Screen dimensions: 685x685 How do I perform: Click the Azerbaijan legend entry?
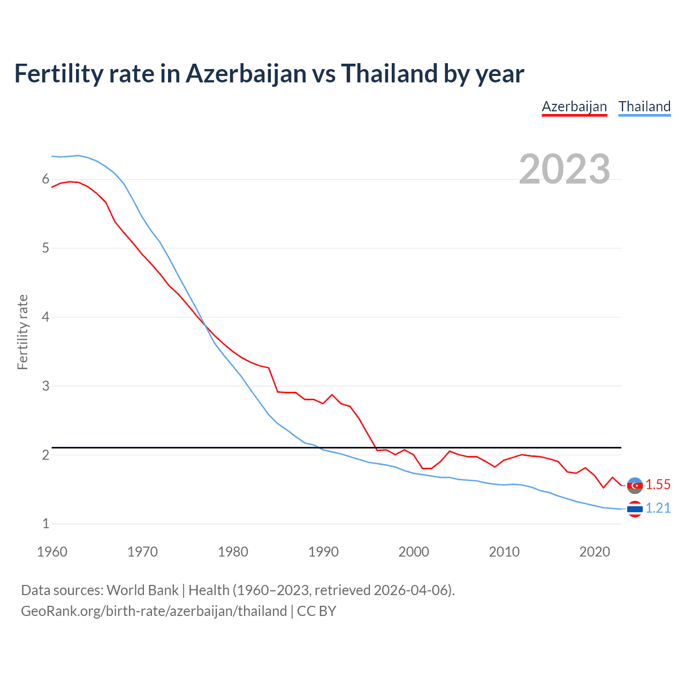coord(574,106)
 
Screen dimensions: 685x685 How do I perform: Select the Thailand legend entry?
coord(644,106)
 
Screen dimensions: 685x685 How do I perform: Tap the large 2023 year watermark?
coord(564,169)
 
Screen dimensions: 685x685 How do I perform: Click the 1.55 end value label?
coord(658,484)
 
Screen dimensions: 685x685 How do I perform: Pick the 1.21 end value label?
coord(658,508)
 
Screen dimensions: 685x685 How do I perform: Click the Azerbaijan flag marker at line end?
coord(635,485)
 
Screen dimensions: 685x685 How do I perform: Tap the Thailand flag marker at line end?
coord(635,508)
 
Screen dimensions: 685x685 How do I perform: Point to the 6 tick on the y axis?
coord(45,179)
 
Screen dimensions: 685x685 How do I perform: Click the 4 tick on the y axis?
coord(45,317)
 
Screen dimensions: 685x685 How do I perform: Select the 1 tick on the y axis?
coord(45,523)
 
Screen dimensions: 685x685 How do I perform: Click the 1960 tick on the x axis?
coord(52,552)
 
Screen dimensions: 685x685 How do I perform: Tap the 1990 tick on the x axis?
coord(323,552)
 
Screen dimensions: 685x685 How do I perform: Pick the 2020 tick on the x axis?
coord(595,552)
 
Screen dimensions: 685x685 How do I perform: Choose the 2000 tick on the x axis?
coord(414,552)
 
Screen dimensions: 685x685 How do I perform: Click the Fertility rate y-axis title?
coord(22,332)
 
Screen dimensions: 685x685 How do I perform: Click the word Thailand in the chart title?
coord(389,73)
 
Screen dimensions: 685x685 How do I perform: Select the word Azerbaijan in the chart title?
coord(246,73)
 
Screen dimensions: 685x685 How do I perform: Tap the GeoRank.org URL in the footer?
coord(154,611)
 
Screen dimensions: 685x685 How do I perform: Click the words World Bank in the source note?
coord(142,590)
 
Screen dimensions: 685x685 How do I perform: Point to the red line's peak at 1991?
coord(332,394)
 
